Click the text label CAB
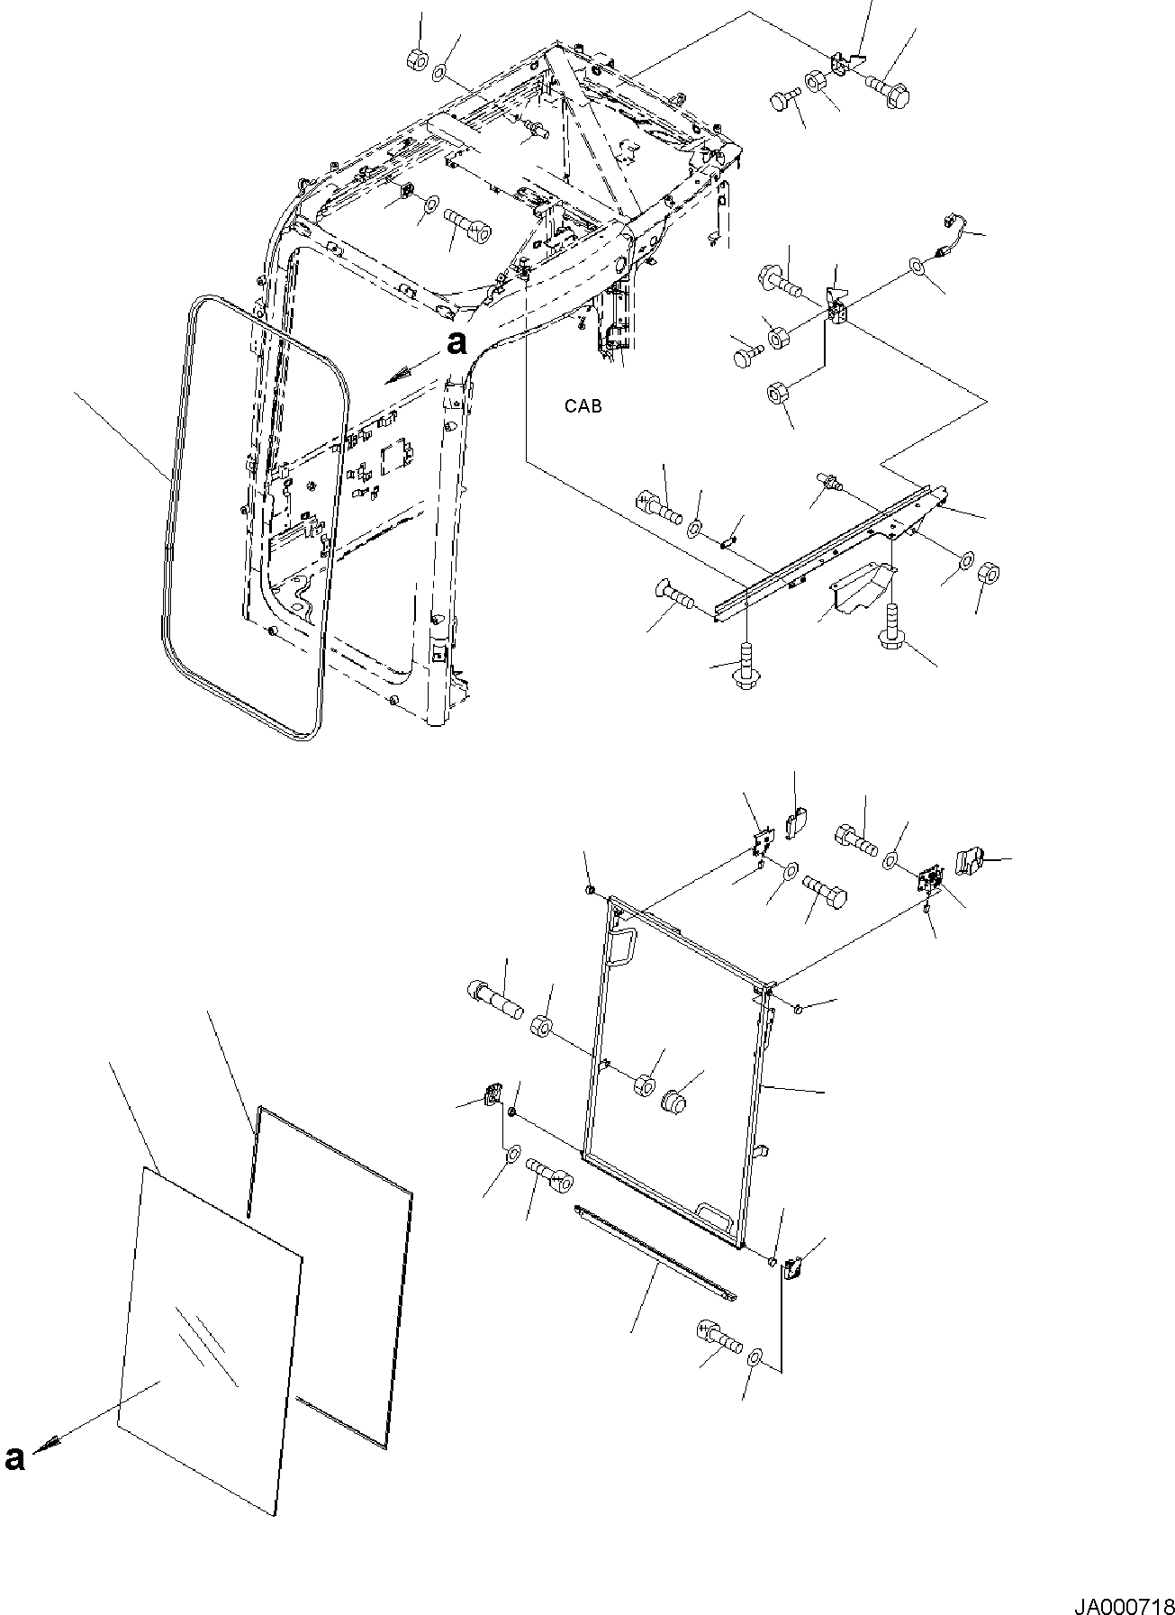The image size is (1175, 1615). tap(583, 406)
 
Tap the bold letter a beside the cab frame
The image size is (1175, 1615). tap(457, 342)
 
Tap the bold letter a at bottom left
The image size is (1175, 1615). tap(15, 1458)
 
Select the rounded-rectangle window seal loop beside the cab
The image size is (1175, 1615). tap(171, 504)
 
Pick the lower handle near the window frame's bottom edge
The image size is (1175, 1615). tap(713, 1214)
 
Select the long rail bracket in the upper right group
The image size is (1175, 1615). tap(828, 549)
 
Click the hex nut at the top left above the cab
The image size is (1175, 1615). tap(417, 62)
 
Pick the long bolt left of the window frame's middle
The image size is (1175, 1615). tap(494, 998)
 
